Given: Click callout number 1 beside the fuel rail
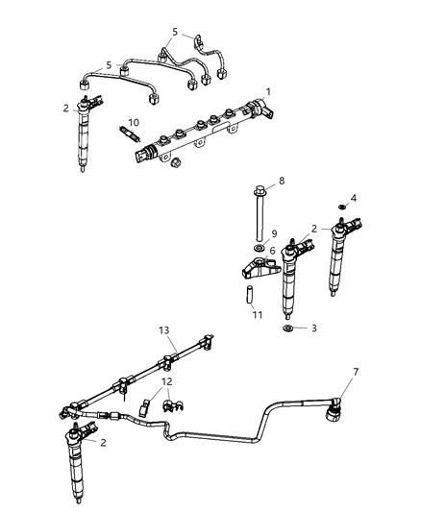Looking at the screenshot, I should click(x=269, y=91).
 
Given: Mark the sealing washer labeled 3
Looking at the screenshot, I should click(x=287, y=329).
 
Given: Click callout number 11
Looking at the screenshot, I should click(x=257, y=313).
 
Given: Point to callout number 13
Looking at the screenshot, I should click(x=164, y=329).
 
